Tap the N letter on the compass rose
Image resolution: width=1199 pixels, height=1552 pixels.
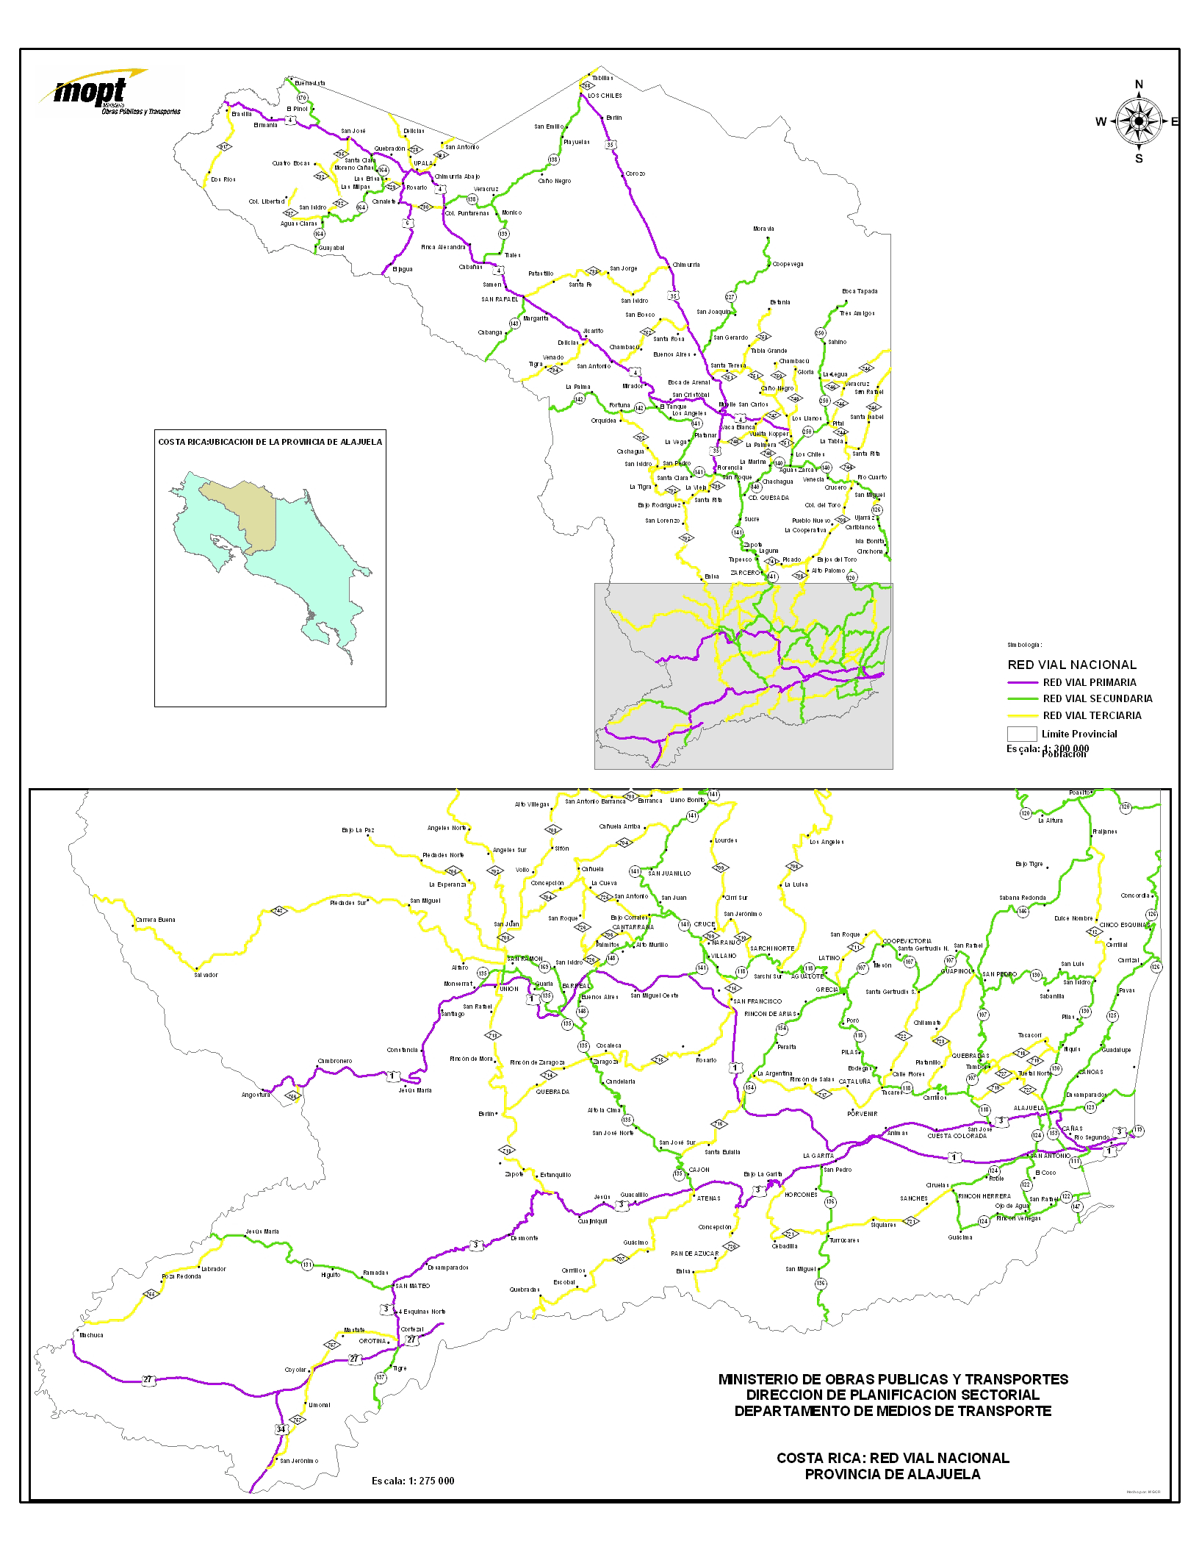(1139, 85)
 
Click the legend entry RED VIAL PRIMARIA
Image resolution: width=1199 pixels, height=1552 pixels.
(1089, 682)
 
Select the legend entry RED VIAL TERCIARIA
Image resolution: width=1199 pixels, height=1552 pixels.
(1092, 715)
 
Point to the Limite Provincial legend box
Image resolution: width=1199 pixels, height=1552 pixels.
(1021, 734)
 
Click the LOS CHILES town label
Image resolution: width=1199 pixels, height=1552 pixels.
(605, 96)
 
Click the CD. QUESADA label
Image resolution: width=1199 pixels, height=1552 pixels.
(768, 498)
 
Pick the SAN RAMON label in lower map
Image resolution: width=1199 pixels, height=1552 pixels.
(525, 959)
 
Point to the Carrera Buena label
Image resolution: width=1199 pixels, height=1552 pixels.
(155, 920)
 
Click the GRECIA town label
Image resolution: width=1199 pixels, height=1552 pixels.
(827, 990)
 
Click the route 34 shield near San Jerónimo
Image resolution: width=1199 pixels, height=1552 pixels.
(281, 1429)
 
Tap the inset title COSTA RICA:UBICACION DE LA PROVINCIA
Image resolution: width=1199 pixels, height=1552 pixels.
(270, 442)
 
